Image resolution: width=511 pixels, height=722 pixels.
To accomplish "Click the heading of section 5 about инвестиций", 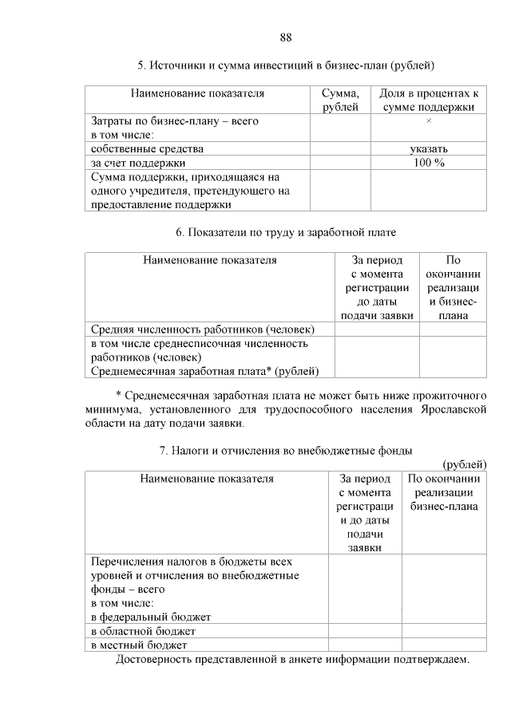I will [x=286, y=65].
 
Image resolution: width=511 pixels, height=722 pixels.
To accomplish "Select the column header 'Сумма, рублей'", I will [x=340, y=101].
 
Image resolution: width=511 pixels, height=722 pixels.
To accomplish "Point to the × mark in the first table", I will [x=429, y=120].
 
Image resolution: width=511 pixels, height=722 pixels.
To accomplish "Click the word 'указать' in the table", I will [x=429, y=148].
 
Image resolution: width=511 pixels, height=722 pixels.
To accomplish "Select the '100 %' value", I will [x=429, y=162].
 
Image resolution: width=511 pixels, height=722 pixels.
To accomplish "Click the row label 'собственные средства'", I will [x=147, y=148].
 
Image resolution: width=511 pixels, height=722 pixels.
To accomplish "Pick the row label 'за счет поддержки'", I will [x=138, y=162].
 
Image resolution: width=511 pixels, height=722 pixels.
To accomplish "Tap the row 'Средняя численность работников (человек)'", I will [x=203, y=329].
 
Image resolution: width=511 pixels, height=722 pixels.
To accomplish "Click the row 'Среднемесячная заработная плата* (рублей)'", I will [x=204, y=371].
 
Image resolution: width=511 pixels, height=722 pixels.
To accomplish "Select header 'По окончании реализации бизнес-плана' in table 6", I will [x=453, y=287].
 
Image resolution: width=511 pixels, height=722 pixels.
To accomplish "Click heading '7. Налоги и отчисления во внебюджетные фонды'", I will [x=286, y=451].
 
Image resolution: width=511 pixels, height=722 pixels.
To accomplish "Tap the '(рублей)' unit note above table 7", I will [x=464, y=464].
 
